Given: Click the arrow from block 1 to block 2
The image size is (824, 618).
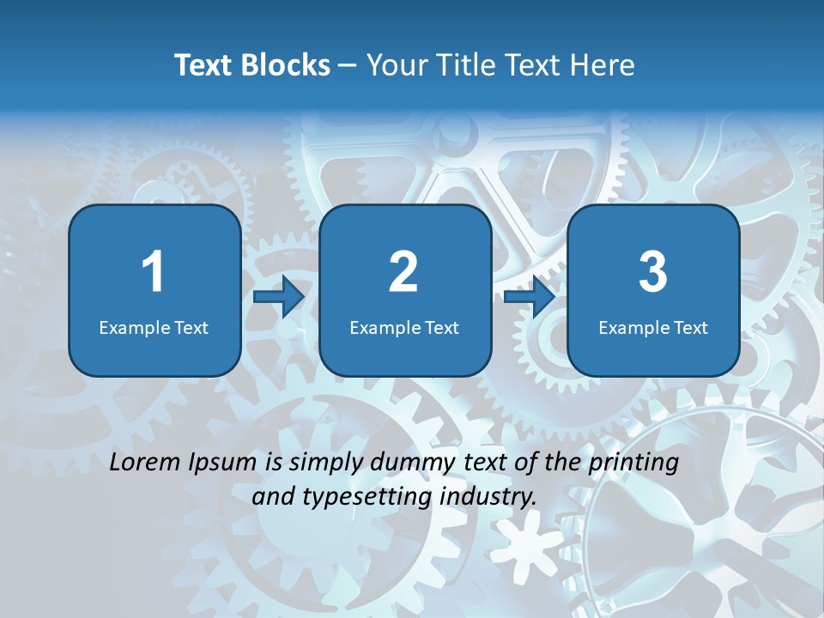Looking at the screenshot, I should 279,297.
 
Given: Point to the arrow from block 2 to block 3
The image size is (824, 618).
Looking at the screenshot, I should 530,297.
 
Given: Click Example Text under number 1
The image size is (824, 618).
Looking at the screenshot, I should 154,327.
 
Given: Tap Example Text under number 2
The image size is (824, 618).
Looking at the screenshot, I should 404,327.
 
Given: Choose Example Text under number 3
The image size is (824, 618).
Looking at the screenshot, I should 653,327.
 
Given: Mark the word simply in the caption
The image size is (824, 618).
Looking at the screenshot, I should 324,463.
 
